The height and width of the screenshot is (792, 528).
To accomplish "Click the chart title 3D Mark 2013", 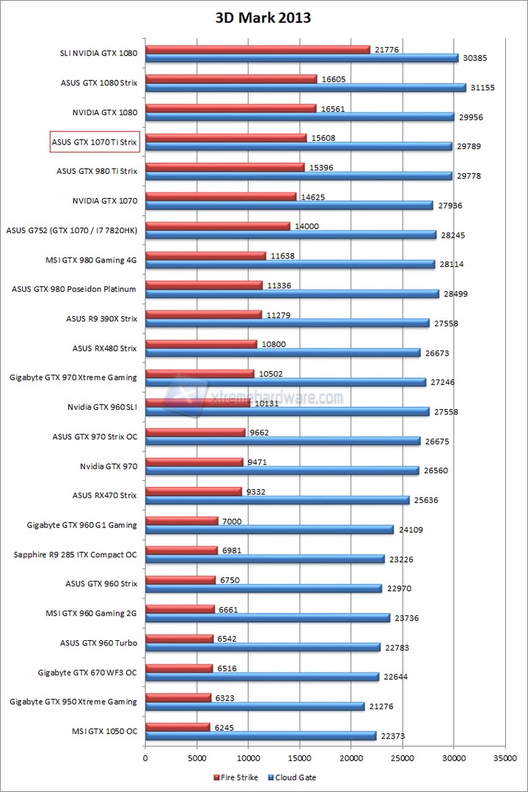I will click(263, 18).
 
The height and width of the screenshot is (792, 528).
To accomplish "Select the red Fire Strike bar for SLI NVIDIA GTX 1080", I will click(257, 49).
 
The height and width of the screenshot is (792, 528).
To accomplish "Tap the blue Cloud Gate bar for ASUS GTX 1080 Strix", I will click(305, 87).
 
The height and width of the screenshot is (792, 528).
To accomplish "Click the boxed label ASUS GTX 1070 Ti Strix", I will click(94, 142).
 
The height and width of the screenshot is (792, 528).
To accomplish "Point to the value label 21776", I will click(386, 49).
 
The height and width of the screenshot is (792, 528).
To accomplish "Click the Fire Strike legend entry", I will click(236, 777).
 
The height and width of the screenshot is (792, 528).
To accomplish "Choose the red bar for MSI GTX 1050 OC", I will click(177, 727).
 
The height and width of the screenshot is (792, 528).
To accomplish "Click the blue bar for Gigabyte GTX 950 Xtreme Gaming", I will click(254, 706).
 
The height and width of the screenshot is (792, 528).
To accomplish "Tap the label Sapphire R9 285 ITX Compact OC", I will click(74, 554).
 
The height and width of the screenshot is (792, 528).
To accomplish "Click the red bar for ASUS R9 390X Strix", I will click(203, 315).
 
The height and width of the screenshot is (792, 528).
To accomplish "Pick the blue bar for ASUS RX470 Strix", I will click(277, 500).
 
